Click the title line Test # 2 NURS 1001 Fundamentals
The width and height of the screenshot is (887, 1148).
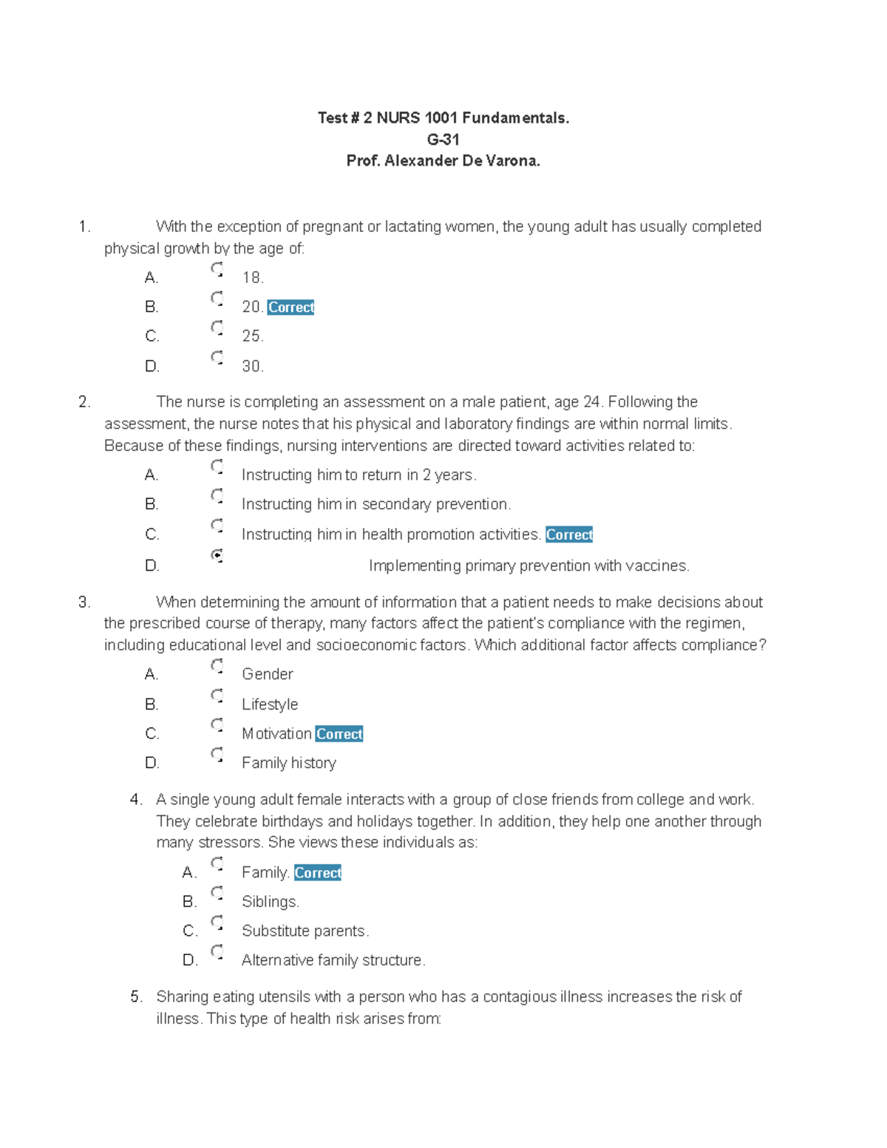pyautogui.click(x=443, y=118)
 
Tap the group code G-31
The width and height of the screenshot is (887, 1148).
pyautogui.click(x=443, y=139)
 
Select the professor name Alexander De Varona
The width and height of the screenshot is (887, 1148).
pyautogui.click(x=462, y=160)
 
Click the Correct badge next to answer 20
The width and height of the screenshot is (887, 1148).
pyautogui.click(x=290, y=307)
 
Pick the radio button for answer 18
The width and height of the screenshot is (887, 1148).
pyautogui.click(x=217, y=270)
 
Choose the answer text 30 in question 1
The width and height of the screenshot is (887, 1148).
pyautogui.click(x=252, y=366)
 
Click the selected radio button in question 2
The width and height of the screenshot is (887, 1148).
pyautogui.click(x=217, y=556)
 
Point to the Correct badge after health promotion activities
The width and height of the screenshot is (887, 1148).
pyautogui.click(x=568, y=534)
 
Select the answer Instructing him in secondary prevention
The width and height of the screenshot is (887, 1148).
pyautogui.click(x=375, y=504)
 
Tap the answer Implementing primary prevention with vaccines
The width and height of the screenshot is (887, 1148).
pyautogui.click(x=529, y=565)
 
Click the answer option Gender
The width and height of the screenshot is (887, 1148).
pyautogui.click(x=267, y=674)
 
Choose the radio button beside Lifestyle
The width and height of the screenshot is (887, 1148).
pyautogui.click(x=217, y=696)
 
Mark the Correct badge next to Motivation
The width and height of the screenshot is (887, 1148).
pyautogui.click(x=339, y=734)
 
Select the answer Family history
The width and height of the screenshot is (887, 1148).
pyautogui.click(x=288, y=763)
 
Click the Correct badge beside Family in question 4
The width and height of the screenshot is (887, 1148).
pyautogui.click(x=317, y=873)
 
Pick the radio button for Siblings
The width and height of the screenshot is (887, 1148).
pyautogui.click(x=217, y=894)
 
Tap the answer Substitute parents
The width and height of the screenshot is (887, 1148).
pyautogui.click(x=305, y=931)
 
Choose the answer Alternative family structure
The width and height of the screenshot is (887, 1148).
pyautogui.click(x=333, y=960)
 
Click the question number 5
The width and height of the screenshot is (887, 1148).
pyautogui.click(x=136, y=996)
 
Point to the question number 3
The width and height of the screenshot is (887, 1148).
pyautogui.click(x=84, y=602)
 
